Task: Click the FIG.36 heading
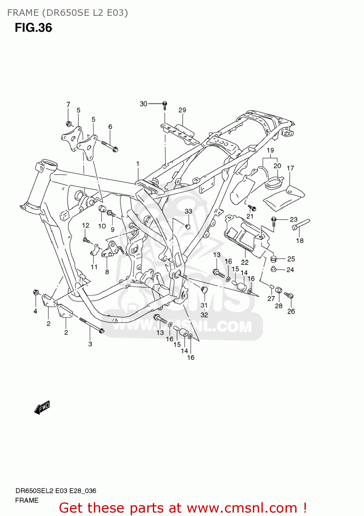point(33,28)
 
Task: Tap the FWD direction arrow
point(42,408)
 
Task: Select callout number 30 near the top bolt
point(143,104)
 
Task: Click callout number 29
point(182,110)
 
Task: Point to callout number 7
point(68,104)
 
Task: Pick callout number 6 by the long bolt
point(110,127)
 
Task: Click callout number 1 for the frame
point(138,164)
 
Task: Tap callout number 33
point(188,211)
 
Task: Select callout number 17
point(290,168)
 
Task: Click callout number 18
point(300,241)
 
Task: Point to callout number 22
point(245,262)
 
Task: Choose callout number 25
point(291,259)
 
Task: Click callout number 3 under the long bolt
point(90,344)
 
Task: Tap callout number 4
point(35,311)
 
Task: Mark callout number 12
point(86,225)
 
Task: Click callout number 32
point(204,315)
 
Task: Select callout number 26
point(291,311)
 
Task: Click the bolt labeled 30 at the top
point(165,104)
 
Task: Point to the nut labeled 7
point(68,123)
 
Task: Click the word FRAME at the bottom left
point(27,500)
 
